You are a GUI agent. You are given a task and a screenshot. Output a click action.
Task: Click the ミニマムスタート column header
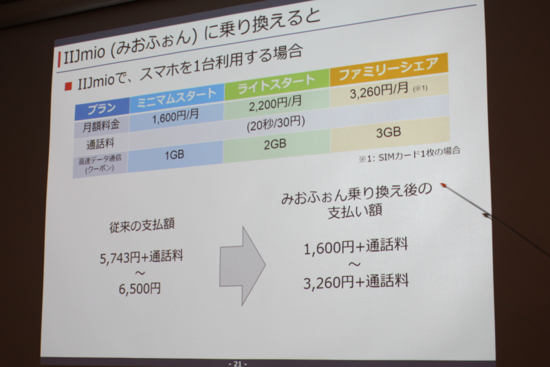tap(177, 98)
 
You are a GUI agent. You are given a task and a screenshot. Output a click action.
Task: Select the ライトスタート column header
tap(277, 84)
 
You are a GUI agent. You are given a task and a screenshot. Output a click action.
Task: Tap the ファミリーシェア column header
tap(388, 69)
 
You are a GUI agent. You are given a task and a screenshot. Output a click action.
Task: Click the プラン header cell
tap(102, 109)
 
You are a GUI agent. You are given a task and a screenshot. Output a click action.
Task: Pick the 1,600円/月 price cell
tap(175, 116)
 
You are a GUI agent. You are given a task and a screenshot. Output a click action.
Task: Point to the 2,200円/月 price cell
tap(276, 103)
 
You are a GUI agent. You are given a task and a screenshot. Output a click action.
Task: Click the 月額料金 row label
tap(101, 126)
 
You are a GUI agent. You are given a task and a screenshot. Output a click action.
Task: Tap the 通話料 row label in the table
tap(100, 144)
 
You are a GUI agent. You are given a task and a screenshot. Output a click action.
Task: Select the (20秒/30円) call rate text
tap(276, 124)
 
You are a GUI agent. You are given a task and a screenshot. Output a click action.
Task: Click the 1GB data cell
tap(175, 155)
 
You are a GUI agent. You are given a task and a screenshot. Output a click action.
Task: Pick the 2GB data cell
tap(275, 144)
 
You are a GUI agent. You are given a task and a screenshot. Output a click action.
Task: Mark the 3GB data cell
tap(388, 132)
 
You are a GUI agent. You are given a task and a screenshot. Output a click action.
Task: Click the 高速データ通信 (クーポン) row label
tap(100, 164)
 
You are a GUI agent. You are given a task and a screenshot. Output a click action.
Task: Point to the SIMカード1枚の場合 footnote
tap(409, 155)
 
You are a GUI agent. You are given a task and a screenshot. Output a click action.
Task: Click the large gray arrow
tap(243, 266)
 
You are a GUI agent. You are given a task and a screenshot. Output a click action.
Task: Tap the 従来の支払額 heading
tap(142, 225)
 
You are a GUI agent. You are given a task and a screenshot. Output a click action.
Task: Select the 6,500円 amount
tap(140, 289)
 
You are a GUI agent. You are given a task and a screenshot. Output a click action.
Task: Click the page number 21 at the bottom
tap(237, 364)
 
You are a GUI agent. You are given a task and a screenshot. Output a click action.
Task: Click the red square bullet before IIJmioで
tap(68, 85)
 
